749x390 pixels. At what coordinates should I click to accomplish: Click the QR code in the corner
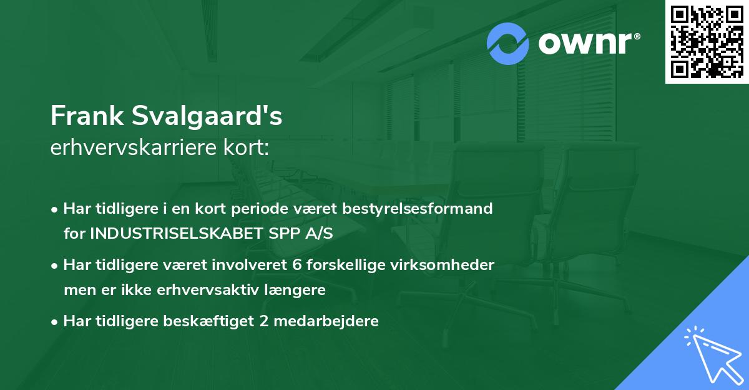point(707,42)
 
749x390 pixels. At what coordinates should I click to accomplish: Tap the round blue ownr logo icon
point(508,44)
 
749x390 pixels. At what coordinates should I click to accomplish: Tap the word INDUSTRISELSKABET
point(161,233)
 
